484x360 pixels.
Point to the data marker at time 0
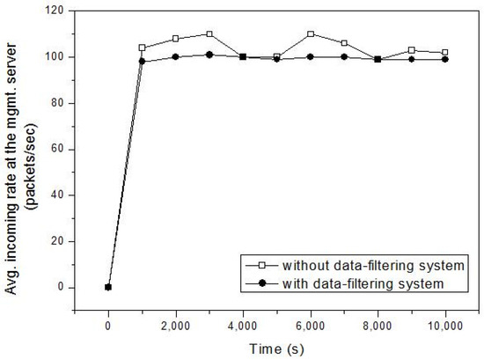click(108, 287)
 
